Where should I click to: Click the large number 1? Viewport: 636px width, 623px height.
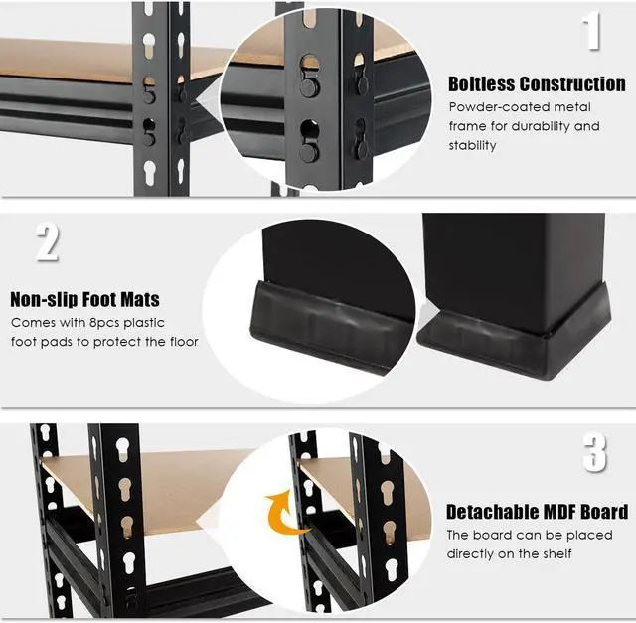click(x=592, y=31)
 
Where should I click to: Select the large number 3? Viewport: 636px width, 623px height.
click(x=594, y=452)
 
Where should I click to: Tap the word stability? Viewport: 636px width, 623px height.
click(x=472, y=145)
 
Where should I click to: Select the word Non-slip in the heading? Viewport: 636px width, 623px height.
click(x=47, y=299)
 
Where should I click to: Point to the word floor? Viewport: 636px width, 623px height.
click(x=180, y=342)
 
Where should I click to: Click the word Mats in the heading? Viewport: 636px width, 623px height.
click(x=137, y=299)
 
